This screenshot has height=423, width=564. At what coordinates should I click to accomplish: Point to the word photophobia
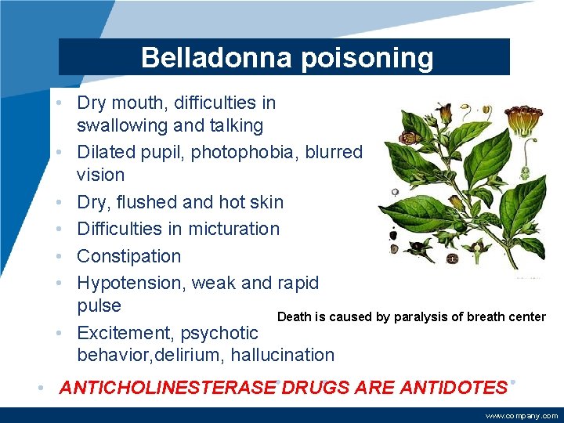coord(252,152)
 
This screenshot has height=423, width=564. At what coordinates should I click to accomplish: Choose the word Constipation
coord(128,256)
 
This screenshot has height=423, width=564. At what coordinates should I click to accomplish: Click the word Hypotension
coord(129,283)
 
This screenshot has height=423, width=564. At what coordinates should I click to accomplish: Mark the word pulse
coord(99,305)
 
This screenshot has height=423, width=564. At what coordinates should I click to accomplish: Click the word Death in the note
coord(294,317)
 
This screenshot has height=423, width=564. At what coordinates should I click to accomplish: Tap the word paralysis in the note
coord(420,317)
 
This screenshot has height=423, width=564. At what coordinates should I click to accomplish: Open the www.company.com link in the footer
coord(522,416)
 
